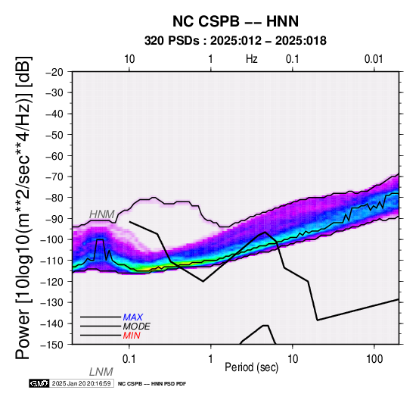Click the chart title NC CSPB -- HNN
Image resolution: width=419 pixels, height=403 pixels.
pos(235,21)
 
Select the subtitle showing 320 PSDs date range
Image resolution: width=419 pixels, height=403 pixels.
pos(235,41)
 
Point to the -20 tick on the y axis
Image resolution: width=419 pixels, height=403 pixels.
pos(54,72)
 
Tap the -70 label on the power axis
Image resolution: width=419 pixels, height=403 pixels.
pos(54,177)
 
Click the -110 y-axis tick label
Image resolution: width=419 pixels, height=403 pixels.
pos(53,261)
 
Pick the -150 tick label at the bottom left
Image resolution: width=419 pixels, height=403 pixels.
pos(53,345)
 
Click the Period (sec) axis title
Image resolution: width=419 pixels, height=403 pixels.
pos(251,367)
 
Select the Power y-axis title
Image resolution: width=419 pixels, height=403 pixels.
pos(23,208)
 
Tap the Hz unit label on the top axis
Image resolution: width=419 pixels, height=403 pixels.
pos(252,58)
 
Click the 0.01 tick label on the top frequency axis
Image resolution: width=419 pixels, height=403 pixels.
pos(374,59)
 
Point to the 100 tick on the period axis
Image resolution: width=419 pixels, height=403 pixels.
pos(374,359)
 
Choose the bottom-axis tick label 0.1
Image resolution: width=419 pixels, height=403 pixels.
pos(129,359)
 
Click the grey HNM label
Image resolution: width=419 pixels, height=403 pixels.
pos(102,214)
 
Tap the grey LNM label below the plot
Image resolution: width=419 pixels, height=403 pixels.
pos(101,372)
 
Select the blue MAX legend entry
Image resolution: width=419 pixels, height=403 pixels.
pos(133,317)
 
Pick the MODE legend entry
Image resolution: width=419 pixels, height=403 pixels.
pos(137,326)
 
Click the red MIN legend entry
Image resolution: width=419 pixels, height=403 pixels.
pos(132,336)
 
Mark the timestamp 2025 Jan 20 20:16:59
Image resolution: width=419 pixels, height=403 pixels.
pos(81,383)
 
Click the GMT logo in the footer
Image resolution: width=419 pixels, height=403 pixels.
pos(39,383)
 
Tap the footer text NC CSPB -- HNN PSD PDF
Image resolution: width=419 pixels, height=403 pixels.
pos(152,384)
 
